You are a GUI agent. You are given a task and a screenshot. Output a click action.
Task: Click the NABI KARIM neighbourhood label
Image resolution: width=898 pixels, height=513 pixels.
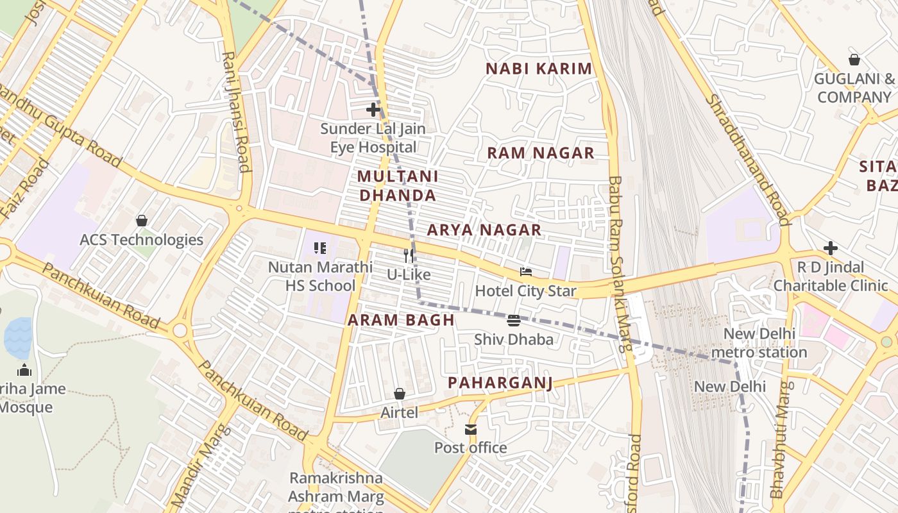(539, 69)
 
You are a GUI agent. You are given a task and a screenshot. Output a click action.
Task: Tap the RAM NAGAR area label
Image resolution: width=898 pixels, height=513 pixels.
(541, 153)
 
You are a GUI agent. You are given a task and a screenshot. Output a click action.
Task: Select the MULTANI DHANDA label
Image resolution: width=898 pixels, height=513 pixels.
(398, 185)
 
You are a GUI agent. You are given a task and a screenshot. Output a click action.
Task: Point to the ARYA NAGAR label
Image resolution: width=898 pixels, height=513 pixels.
(484, 230)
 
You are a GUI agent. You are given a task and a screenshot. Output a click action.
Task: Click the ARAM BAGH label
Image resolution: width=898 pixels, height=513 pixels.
(401, 320)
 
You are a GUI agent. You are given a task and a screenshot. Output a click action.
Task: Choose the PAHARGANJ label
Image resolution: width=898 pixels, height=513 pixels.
(500, 383)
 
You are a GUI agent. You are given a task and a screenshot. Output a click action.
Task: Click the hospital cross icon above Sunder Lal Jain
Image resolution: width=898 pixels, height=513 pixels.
(373, 110)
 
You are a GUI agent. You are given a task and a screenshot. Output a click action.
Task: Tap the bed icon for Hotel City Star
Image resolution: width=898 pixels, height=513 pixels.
(526, 273)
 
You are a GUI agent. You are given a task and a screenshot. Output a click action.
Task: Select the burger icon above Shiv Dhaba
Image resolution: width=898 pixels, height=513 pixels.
(513, 321)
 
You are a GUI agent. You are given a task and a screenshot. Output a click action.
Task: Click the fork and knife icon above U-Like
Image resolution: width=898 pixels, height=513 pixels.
(409, 256)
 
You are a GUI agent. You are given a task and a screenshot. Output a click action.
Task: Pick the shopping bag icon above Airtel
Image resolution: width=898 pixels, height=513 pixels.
(399, 394)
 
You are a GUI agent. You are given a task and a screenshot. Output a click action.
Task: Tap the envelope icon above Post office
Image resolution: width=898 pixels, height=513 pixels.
(471, 430)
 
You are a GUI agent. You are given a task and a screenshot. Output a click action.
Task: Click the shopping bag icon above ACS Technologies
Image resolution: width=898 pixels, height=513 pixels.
(141, 221)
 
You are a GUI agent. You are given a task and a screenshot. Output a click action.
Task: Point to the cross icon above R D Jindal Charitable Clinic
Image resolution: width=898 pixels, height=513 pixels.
(831, 248)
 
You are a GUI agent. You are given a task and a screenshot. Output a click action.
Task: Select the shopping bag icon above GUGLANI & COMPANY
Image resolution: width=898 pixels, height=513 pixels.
(854, 60)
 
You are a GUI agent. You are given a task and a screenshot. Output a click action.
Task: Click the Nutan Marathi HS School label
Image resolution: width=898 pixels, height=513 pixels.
(320, 276)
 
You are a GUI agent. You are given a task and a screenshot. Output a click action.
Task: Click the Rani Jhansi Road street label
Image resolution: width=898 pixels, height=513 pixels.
(235, 112)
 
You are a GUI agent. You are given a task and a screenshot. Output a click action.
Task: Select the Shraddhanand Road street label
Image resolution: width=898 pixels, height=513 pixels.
(747, 160)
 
